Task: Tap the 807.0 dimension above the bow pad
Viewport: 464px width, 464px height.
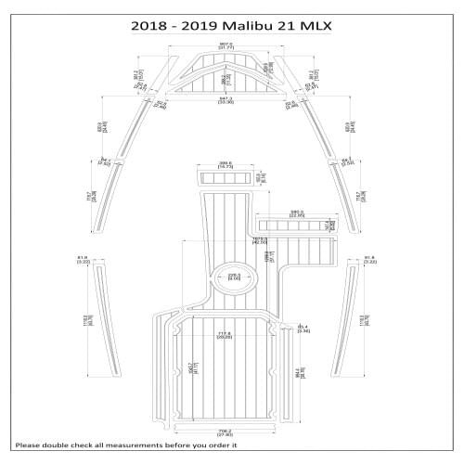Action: coord(226,45)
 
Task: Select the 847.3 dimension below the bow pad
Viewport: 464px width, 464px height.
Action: coord(226,99)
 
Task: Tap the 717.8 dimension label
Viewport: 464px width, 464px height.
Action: coord(225,336)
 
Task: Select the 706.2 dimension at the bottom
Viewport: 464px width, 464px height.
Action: coord(225,432)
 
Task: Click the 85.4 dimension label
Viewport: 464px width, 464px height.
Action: coord(303,329)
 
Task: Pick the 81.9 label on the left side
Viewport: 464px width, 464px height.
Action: coord(82,260)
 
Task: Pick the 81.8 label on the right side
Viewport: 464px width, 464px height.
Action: coord(370,260)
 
